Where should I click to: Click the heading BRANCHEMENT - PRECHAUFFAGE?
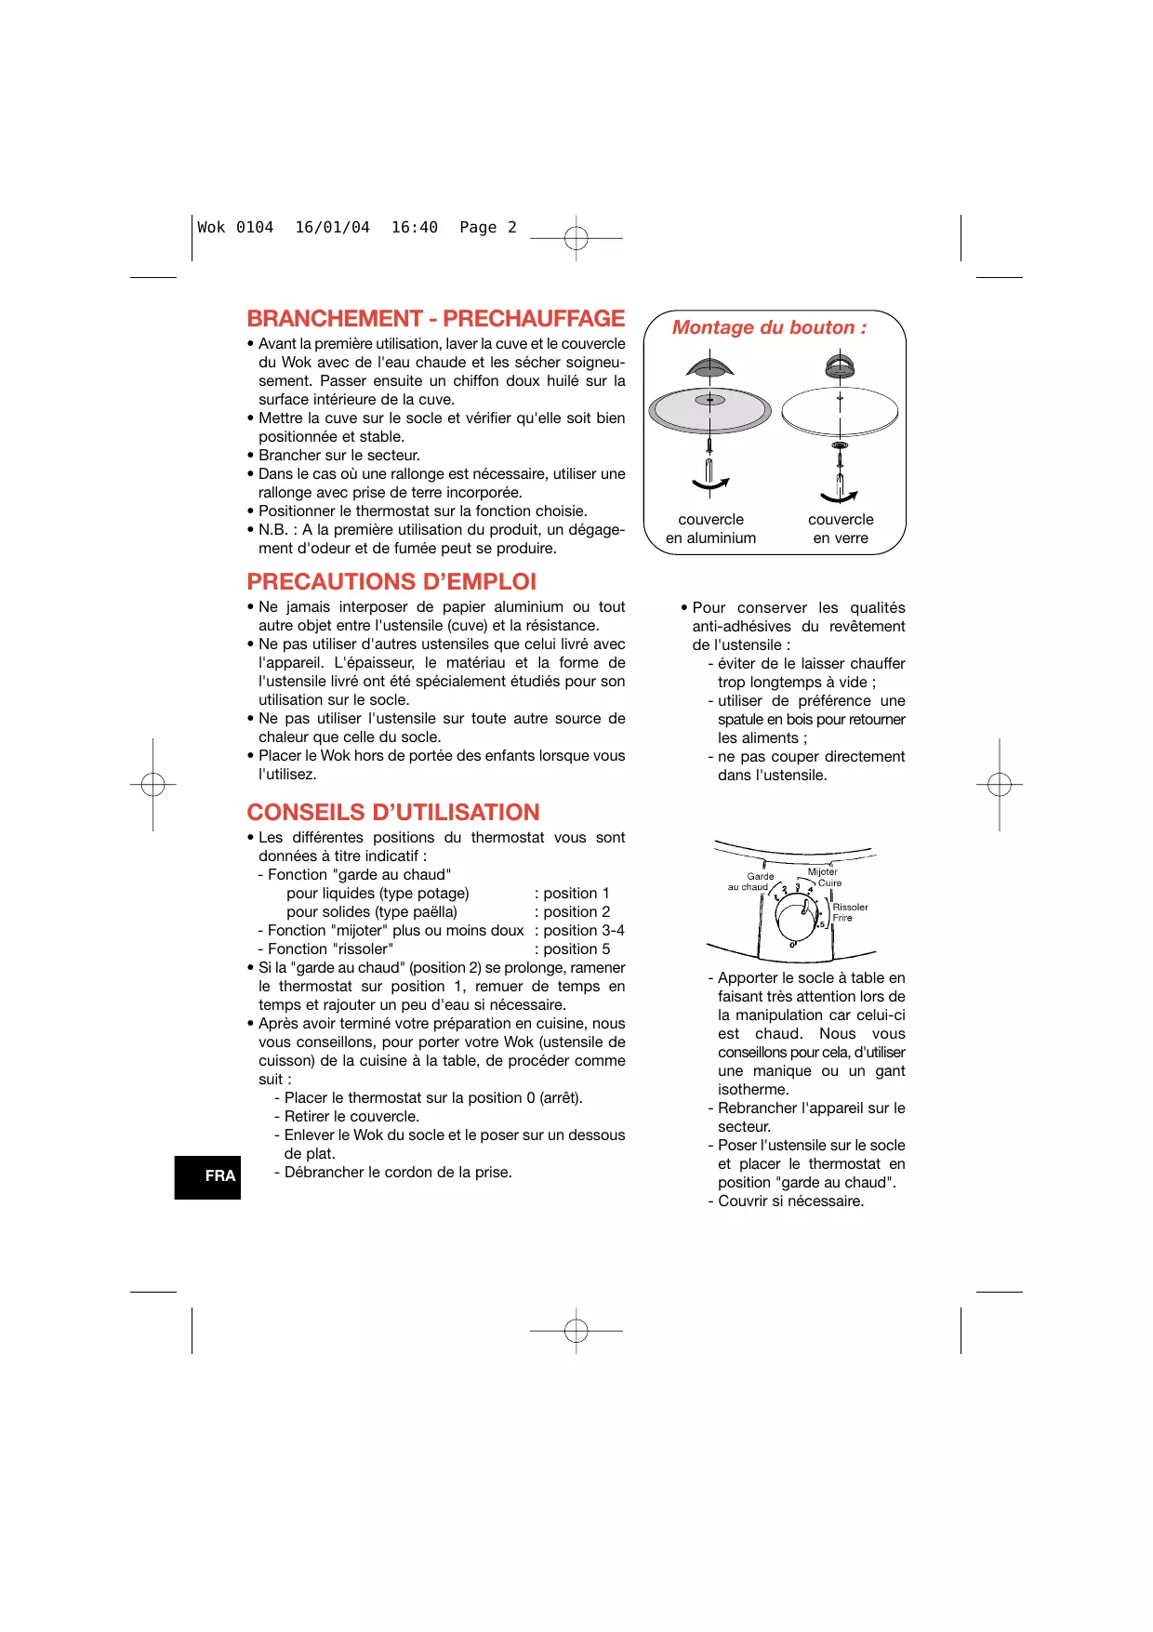[436, 319]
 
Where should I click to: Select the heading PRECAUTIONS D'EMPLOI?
[391, 582]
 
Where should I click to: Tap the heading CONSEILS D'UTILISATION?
[393, 813]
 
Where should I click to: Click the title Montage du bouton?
[770, 327]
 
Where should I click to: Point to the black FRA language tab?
[207, 1177]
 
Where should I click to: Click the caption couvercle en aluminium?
[711, 529]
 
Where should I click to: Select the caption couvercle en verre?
[841, 529]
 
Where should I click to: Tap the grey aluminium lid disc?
[709, 410]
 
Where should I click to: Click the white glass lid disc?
[840, 411]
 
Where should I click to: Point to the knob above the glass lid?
[840, 365]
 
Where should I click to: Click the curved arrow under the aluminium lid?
[710, 484]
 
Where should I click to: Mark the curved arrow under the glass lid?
[839, 498]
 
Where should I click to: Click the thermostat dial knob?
[796, 921]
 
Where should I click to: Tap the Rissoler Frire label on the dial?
[850, 912]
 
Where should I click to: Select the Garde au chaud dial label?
[750, 882]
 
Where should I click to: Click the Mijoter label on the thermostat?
[823, 871]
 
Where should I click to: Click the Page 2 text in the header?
[488, 228]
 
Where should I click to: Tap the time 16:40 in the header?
[415, 227]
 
